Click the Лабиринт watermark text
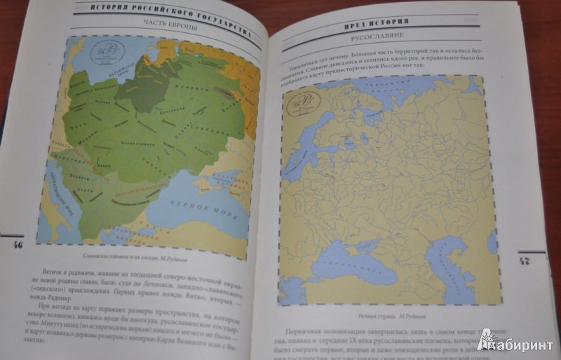coord(522,343)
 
